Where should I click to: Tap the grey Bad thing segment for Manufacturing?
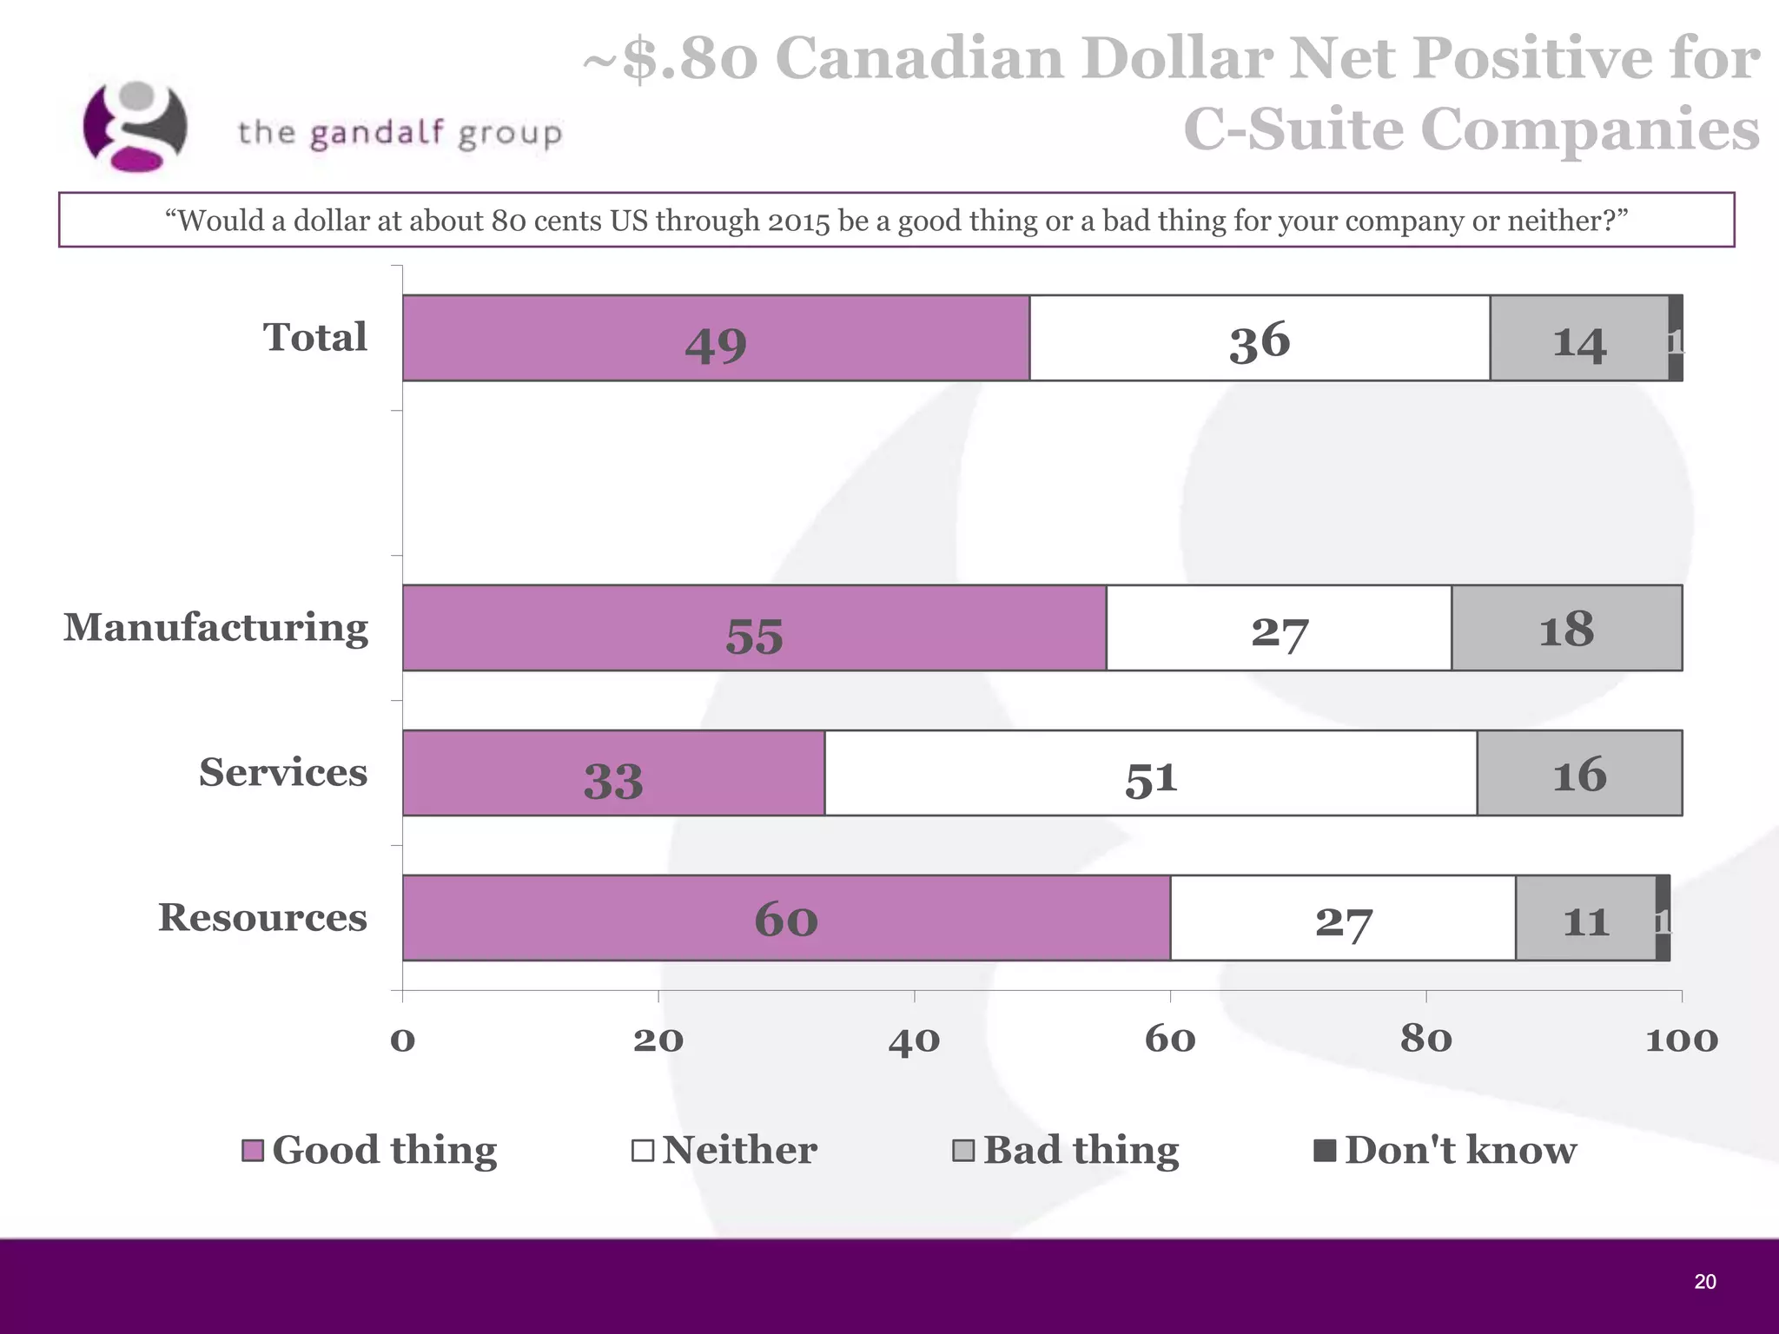pos(1566,628)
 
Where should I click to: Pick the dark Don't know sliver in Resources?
pos(1663,918)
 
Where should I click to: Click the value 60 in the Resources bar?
pos(786,919)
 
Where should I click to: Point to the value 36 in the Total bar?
pos(1260,340)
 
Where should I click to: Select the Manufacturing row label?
pos(215,627)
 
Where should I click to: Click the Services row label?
pos(282,772)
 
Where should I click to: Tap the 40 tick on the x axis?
pos(914,1040)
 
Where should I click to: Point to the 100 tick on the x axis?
pos(1682,1040)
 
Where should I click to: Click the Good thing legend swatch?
pos(253,1151)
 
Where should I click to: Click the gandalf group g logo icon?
pos(135,127)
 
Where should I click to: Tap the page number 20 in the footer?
pos(1704,1282)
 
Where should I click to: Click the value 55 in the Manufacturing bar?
pos(754,636)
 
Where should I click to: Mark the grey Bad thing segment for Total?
pos(1578,338)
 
